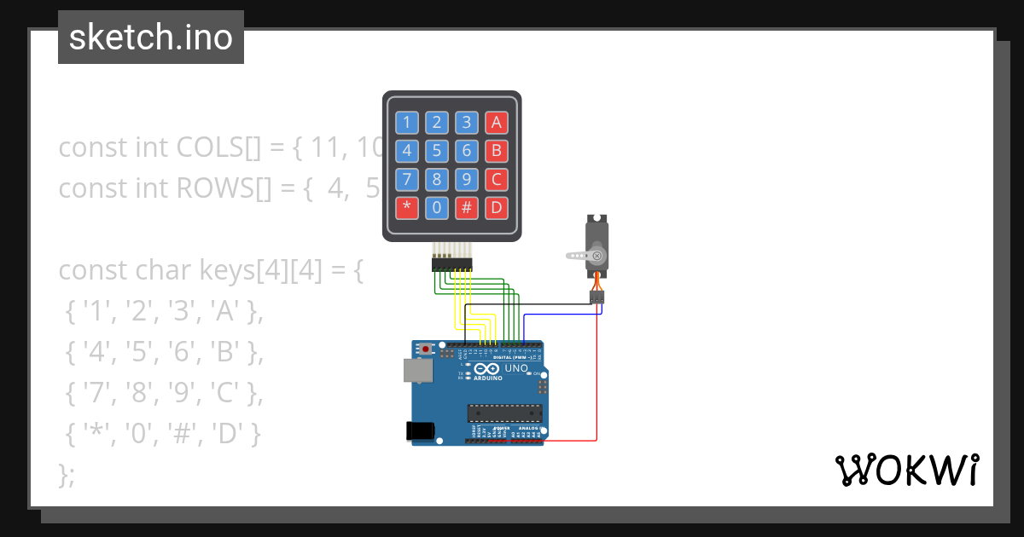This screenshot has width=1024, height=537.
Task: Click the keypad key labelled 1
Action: (407, 122)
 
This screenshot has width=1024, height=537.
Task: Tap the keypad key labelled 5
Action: (437, 151)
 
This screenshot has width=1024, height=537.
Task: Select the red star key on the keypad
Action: (407, 207)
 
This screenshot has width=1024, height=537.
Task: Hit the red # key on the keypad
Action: (467, 207)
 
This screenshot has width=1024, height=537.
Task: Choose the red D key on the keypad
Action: (496, 207)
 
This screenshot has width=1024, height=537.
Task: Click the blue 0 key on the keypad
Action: (437, 207)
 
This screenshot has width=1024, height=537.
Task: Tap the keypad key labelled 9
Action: (467, 179)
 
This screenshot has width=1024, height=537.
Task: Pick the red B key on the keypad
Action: (496, 151)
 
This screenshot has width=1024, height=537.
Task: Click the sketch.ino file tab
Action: (151, 38)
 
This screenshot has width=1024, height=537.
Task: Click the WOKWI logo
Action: (906, 470)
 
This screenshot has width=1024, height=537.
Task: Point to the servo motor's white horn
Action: (580, 254)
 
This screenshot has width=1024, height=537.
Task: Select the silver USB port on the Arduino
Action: (416, 370)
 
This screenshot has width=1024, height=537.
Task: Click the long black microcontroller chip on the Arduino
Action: (503, 413)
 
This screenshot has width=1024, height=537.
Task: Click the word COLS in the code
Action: (209, 147)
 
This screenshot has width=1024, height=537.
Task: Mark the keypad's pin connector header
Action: (451, 265)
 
